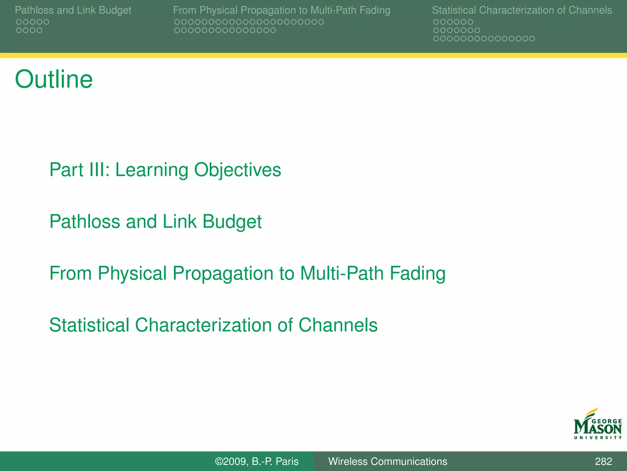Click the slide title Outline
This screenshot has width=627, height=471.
(x=54, y=79)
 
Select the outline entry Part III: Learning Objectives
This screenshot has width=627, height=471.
(x=165, y=170)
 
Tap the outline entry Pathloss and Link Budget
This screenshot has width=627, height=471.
(x=155, y=221)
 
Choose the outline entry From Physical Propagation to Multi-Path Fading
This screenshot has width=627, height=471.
(x=247, y=273)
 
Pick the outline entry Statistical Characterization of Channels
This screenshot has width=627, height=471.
(x=213, y=325)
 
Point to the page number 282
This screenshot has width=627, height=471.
(x=603, y=461)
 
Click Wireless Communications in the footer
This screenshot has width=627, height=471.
(x=388, y=461)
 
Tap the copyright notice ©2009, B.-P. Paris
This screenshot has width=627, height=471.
(x=257, y=461)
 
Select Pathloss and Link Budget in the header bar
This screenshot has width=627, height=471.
(x=73, y=10)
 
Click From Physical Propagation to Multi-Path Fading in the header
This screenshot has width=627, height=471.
(x=281, y=10)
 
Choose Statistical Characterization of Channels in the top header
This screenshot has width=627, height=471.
(x=522, y=10)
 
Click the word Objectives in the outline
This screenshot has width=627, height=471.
(x=238, y=170)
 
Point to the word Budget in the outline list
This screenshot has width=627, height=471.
(x=232, y=221)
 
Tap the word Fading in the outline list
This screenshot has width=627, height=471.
(x=417, y=273)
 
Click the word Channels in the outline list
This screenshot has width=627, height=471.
(x=338, y=325)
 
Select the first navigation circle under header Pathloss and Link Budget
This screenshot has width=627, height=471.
(x=19, y=22)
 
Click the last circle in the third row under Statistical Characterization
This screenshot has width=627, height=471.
(x=532, y=39)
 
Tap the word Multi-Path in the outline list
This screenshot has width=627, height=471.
(x=342, y=273)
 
